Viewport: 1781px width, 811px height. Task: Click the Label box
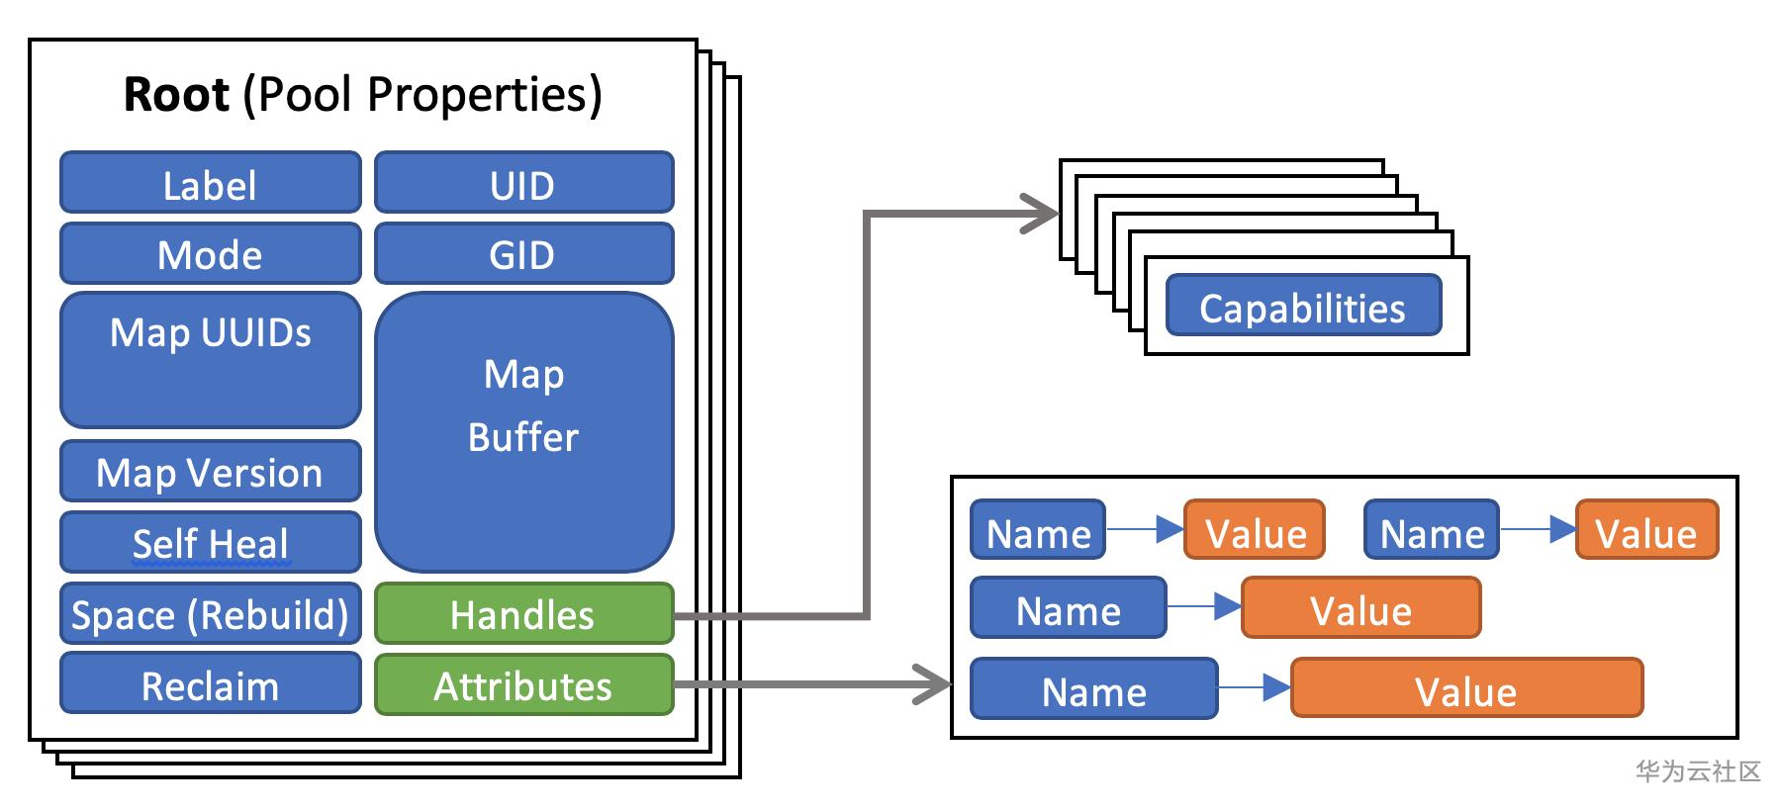coord(210,183)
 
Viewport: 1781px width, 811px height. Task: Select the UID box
coord(523,183)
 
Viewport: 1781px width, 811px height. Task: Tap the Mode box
coord(210,254)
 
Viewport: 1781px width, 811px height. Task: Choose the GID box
coord(523,254)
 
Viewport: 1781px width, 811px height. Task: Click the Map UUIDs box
coord(210,359)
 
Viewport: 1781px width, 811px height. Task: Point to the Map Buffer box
coord(523,431)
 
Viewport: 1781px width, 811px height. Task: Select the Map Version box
coord(210,472)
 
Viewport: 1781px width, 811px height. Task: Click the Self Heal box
coord(210,542)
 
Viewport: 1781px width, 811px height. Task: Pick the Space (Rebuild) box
coord(210,614)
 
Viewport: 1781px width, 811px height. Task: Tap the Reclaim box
coord(210,684)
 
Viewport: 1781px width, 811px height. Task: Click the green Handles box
coord(523,614)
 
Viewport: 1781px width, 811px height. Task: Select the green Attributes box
coord(523,684)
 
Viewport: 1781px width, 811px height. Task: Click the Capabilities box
coord(1302,307)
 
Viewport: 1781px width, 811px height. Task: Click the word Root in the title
coord(176,95)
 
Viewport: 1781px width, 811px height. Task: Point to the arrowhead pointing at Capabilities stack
coord(1043,214)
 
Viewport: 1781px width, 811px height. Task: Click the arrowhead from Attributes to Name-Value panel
coord(934,683)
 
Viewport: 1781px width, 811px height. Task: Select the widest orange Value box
coord(1466,688)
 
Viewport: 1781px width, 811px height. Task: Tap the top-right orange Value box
coord(1646,531)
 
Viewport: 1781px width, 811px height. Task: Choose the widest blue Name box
coord(1093,688)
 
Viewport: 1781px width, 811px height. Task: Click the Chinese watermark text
coord(1698,771)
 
